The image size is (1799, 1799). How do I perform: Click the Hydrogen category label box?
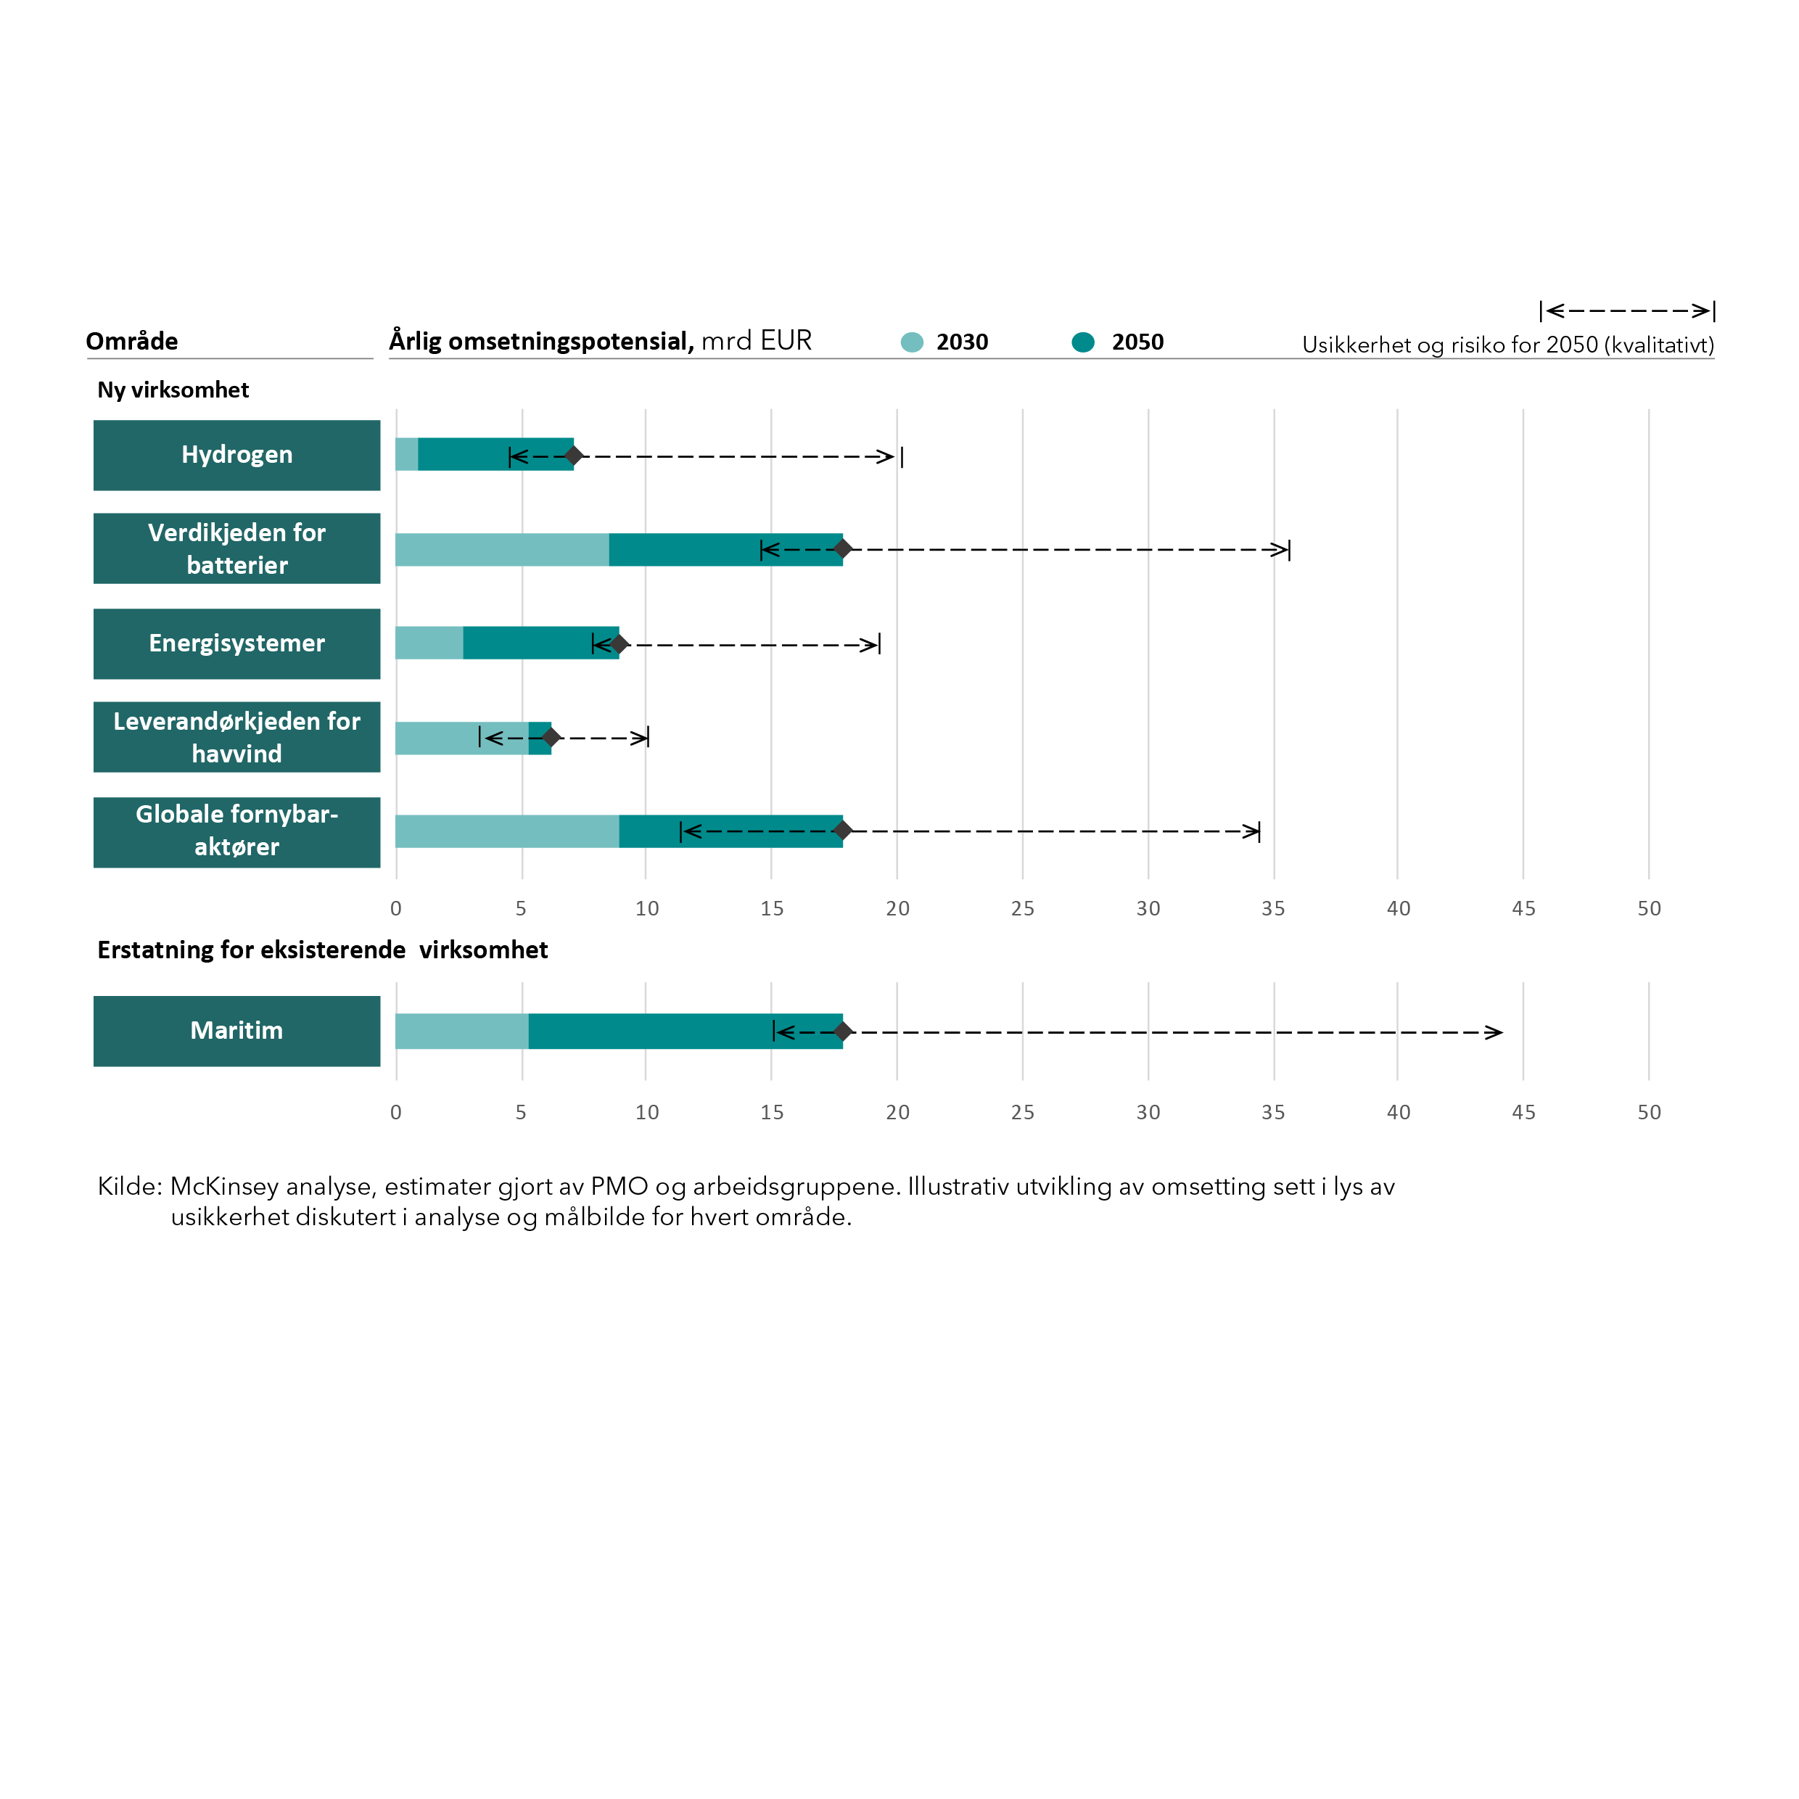[236, 456]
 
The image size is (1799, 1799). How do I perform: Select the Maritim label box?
[236, 1031]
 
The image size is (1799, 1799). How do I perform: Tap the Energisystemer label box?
[236, 643]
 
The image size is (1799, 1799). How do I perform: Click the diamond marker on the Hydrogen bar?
[574, 456]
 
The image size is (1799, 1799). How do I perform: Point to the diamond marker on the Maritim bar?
[843, 1032]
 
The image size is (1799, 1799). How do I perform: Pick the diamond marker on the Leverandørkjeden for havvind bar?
[551, 738]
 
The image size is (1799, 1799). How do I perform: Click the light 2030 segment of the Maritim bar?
[462, 1031]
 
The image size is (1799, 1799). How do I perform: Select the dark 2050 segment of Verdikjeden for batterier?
[725, 549]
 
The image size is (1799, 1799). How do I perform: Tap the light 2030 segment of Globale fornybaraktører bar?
[508, 831]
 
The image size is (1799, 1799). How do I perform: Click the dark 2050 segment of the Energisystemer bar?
[541, 643]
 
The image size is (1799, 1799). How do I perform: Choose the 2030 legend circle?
[912, 342]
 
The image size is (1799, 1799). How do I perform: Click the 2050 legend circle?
[1083, 342]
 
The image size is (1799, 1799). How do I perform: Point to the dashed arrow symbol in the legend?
[1627, 311]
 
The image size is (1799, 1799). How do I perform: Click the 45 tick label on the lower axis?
[1523, 1112]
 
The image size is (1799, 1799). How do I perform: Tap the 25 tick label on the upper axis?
[1022, 908]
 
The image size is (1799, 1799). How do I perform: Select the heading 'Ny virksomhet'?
[173, 390]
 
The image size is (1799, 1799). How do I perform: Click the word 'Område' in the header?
[131, 341]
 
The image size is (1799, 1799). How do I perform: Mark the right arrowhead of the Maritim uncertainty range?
[1494, 1032]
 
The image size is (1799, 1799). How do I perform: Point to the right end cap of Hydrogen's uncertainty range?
[902, 456]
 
